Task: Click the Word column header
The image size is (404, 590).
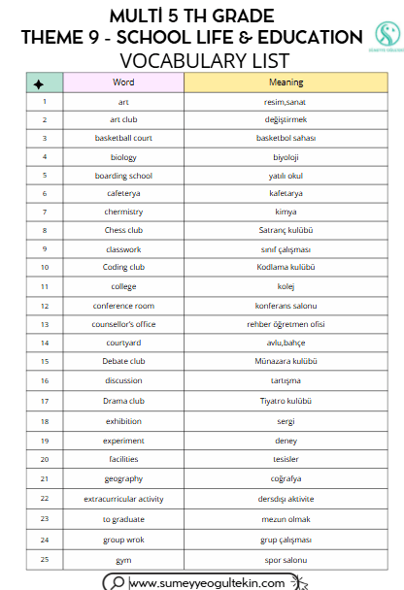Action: (x=123, y=82)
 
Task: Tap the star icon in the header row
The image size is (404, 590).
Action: (x=37, y=83)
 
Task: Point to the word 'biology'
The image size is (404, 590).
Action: (x=123, y=156)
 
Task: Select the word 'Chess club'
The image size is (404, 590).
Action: (x=123, y=230)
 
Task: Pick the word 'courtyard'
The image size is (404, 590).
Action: (x=123, y=343)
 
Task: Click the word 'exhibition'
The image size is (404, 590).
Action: (x=123, y=421)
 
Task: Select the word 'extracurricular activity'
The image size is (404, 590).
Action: (x=123, y=499)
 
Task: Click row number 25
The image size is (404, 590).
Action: (x=45, y=560)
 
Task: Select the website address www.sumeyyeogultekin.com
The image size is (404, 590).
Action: (x=207, y=582)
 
